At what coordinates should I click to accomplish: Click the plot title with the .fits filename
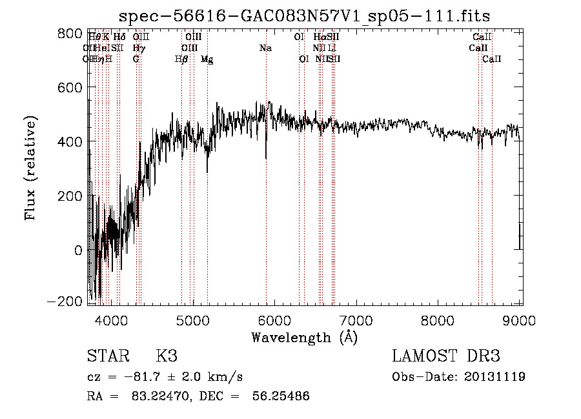(305, 16)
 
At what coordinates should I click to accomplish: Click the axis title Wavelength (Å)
(304, 337)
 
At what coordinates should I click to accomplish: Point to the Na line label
(265, 48)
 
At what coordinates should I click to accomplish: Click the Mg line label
(207, 59)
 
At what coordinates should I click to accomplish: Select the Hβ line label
(181, 59)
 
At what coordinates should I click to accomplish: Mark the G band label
(136, 59)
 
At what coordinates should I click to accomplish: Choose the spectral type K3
(166, 356)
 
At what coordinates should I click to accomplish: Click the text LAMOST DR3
(446, 356)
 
